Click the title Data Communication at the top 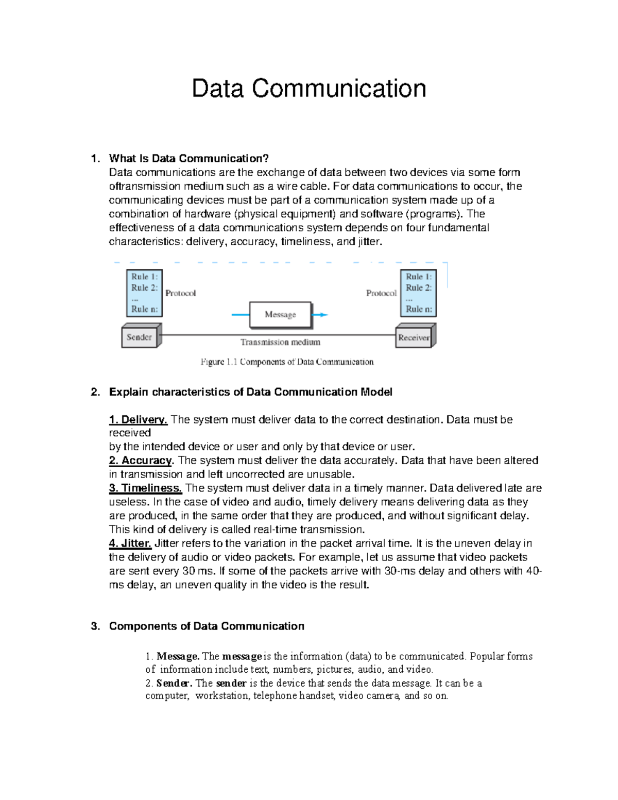[308, 89]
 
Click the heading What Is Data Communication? [188, 158]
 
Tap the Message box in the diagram [280, 314]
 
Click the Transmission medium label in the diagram [280, 342]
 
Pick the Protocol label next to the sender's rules [180, 293]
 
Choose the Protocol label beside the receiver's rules [381, 293]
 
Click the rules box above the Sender [144, 293]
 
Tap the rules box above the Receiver [418, 293]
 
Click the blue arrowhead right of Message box [322, 315]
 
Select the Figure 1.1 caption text [287, 362]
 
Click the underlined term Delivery [138, 420]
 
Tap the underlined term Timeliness [145, 488]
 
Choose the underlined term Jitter [130, 543]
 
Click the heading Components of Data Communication [206, 626]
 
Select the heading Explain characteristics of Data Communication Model [250, 392]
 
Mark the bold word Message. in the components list [178, 656]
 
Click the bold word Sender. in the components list [174, 684]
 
